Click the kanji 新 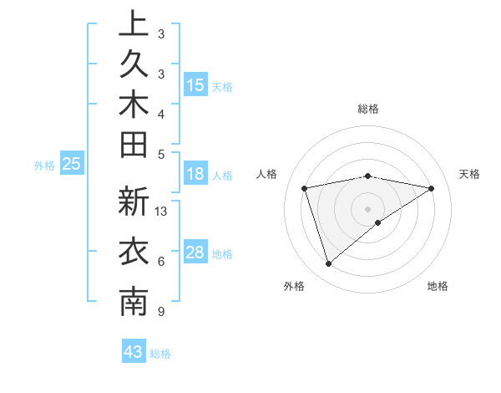[x=134, y=203]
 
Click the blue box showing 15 [x=195, y=85]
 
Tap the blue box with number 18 [x=195, y=175]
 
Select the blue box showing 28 [x=195, y=253]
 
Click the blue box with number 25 [x=72, y=165]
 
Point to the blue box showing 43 [x=134, y=352]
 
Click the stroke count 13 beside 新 [x=161, y=212]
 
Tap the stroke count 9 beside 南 [x=160, y=312]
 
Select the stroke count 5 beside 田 [x=160, y=154]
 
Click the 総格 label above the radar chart [x=368, y=109]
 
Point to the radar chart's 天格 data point [x=432, y=188]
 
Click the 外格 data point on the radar [x=328, y=264]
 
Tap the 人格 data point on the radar [x=305, y=188]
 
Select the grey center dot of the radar [x=368, y=208]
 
